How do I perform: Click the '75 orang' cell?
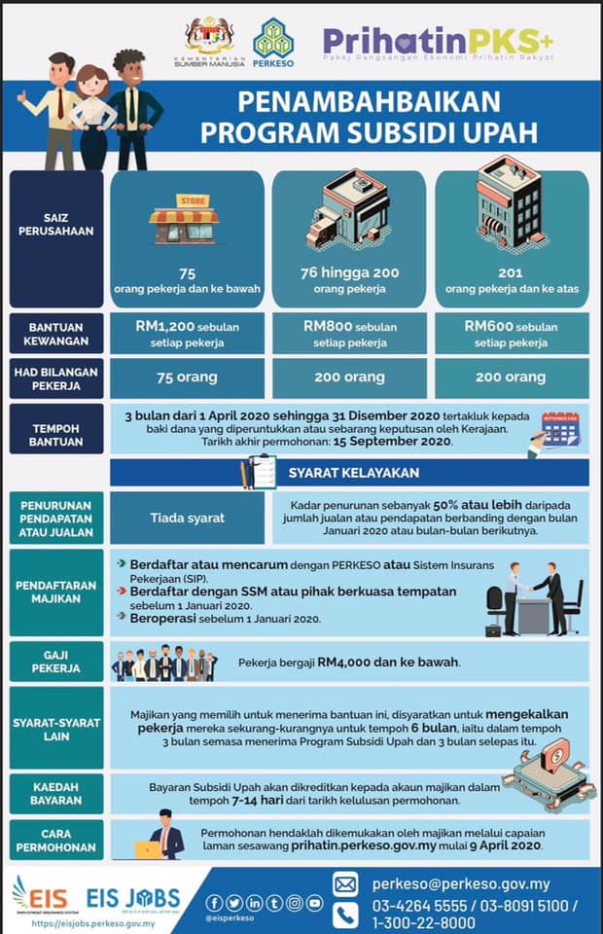(187, 377)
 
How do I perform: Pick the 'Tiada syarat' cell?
(187, 518)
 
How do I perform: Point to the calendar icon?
(560, 428)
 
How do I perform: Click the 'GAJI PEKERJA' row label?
(56, 662)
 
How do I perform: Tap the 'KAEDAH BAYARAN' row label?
(56, 793)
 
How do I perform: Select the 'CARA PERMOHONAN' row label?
(56, 841)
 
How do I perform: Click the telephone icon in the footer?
(345, 915)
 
